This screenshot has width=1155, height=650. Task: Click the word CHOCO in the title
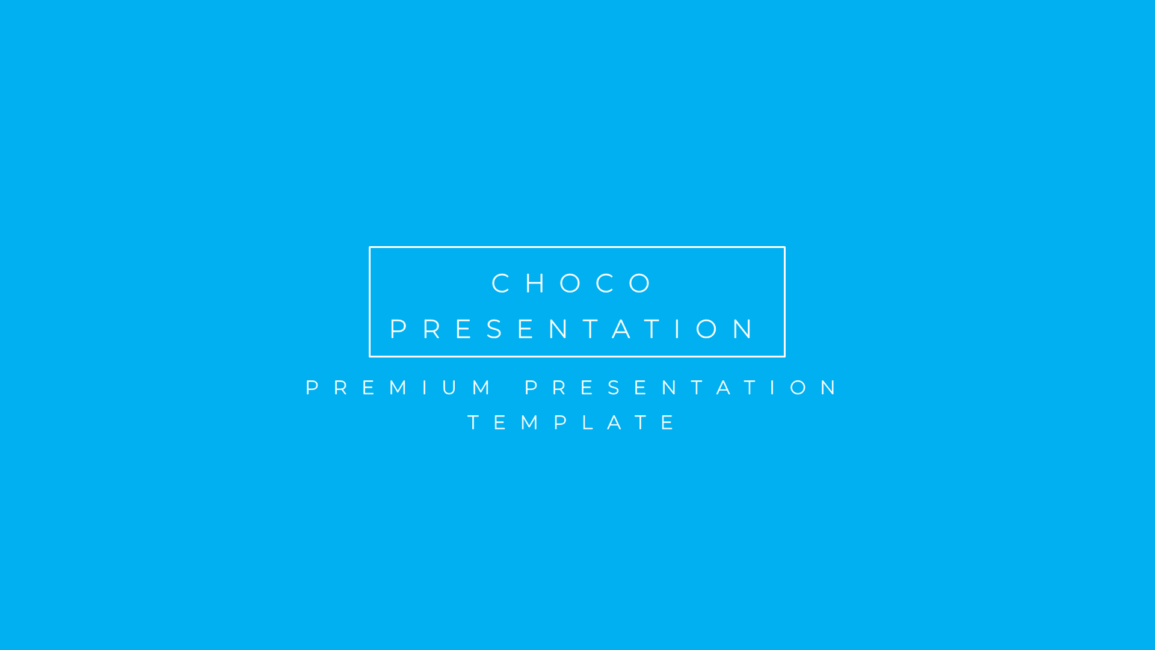click(x=572, y=283)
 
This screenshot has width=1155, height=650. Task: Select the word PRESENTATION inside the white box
click(x=572, y=329)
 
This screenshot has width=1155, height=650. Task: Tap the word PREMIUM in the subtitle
click(x=398, y=388)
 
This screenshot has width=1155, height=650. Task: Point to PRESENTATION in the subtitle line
click(x=681, y=388)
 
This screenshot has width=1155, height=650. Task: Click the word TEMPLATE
click(x=571, y=422)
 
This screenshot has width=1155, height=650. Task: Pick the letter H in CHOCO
click(x=535, y=283)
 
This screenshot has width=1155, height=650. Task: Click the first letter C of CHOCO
click(x=501, y=283)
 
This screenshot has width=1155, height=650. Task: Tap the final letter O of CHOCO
click(x=641, y=283)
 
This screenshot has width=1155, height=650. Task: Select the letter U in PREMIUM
click(x=449, y=388)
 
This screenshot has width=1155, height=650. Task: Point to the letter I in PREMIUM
click(x=425, y=388)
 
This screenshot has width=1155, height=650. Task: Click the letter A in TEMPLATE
click(x=614, y=422)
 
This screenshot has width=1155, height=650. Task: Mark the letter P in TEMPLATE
click(x=561, y=422)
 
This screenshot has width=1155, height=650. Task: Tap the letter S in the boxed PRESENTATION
click(x=495, y=329)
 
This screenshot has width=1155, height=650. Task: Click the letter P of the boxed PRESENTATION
click(x=398, y=329)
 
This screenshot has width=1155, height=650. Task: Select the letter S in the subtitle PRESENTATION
click(x=614, y=388)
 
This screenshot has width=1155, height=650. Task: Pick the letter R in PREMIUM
click(x=341, y=388)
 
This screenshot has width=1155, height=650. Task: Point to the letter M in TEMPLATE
click(x=530, y=422)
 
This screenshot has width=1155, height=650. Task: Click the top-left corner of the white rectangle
click(x=370, y=247)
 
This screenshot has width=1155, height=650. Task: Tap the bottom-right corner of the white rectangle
click(x=784, y=356)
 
